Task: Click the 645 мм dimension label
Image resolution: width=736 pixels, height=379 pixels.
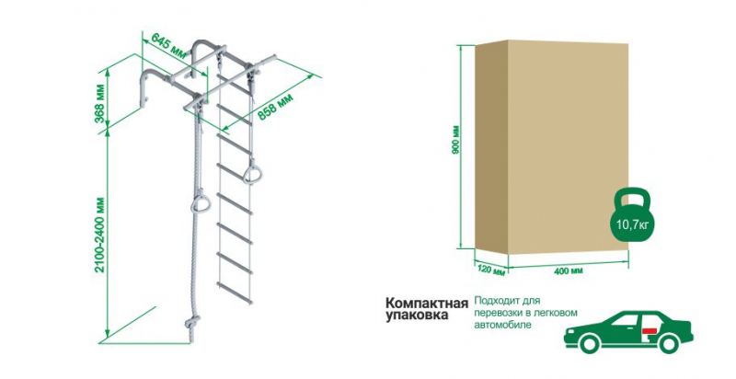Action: coord(166,42)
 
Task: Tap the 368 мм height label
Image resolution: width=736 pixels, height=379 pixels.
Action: coord(100,105)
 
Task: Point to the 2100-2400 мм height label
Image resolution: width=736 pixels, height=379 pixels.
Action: coord(100,235)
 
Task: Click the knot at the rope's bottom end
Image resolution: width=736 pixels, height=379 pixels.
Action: coord(192,324)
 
